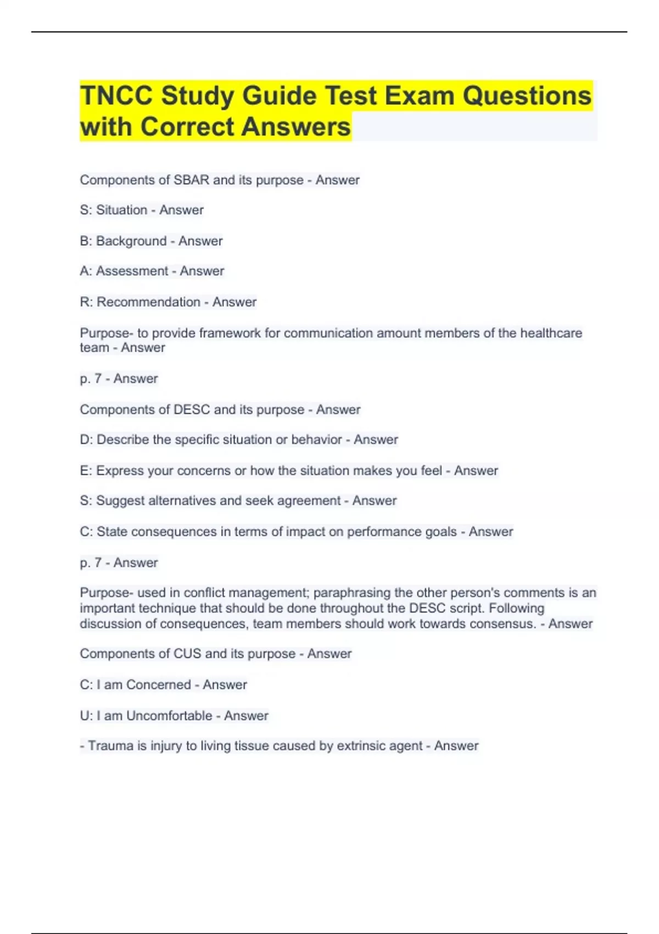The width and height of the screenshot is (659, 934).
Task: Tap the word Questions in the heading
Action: pyautogui.click(x=527, y=96)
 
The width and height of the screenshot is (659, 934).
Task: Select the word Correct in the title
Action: pyautogui.click(x=187, y=126)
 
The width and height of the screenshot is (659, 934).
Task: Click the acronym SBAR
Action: pyautogui.click(x=192, y=180)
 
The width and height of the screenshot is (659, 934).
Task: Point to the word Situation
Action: pyautogui.click(x=121, y=210)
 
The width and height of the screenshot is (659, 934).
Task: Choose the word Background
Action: pyautogui.click(x=131, y=241)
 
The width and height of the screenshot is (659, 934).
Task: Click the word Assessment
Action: pyautogui.click(x=132, y=271)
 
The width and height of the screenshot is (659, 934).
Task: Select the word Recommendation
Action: pyautogui.click(x=148, y=302)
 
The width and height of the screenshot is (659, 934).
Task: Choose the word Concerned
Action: pyautogui.click(x=158, y=685)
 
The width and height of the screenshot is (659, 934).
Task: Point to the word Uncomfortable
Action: pyautogui.click(x=169, y=716)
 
